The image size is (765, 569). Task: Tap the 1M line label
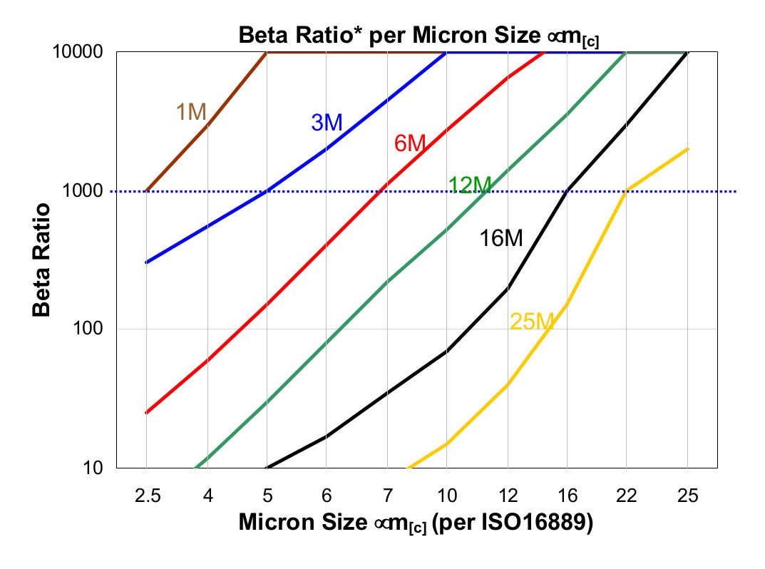point(191,112)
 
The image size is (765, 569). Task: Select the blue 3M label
point(327,123)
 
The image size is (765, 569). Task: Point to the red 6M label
point(410,143)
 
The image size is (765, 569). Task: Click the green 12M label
point(470,185)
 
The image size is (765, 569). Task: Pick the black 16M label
point(501,239)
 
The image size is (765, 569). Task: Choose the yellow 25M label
point(532,322)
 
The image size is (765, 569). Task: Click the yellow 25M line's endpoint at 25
point(687,149)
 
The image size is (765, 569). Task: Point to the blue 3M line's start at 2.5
point(146,262)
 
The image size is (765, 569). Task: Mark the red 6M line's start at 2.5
point(146,412)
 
